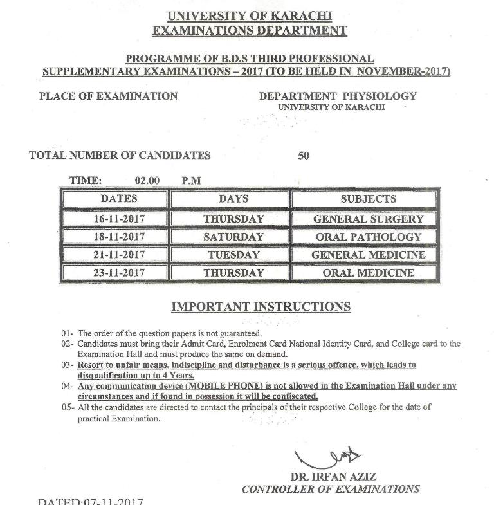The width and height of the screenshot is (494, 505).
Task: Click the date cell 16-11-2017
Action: click(119, 219)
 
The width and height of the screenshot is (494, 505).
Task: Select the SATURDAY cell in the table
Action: click(233, 237)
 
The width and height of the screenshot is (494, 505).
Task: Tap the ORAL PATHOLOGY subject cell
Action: click(369, 237)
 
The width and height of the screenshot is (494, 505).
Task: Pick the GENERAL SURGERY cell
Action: click(369, 219)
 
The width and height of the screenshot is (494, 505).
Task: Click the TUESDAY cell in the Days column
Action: click(233, 255)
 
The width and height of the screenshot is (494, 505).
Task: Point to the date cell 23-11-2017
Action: click(119, 273)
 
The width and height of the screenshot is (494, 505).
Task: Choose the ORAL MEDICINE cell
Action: click(369, 273)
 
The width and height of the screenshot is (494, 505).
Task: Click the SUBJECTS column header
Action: click(369, 199)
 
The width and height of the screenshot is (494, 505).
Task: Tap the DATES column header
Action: click(119, 199)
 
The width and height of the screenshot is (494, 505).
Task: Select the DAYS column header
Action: click(233, 199)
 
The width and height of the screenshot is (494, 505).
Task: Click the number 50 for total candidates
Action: click(304, 155)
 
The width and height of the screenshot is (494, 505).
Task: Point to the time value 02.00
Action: click(147, 181)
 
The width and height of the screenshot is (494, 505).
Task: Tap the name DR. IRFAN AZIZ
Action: click(333, 477)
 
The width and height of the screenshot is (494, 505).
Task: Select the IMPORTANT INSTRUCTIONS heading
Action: click(261, 306)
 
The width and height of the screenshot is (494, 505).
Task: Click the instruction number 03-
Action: click(68, 365)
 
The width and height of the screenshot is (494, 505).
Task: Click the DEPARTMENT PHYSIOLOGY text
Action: click(338, 96)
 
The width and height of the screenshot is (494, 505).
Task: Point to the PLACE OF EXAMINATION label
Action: click(108, 96)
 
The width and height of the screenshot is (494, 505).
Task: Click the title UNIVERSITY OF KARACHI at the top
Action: click(250, 16)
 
